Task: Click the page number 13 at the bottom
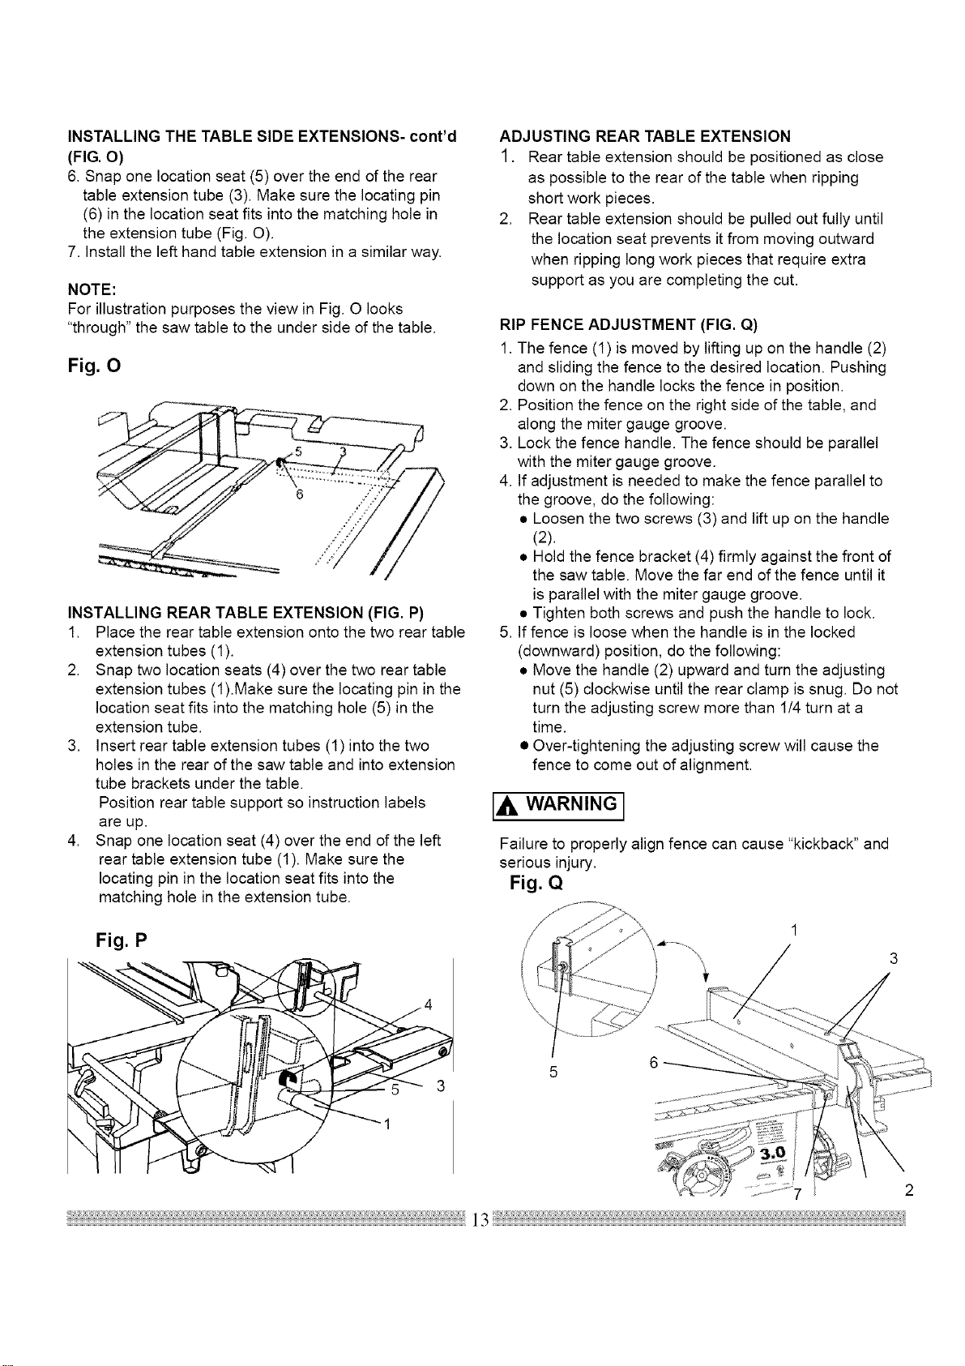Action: (x=481, y=1219)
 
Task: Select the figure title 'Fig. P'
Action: (x=122, y=940)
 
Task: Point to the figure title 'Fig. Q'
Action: (x=536, y=883)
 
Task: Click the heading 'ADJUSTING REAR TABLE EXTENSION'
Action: (x=645, y=135)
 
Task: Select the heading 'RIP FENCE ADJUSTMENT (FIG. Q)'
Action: (x=628, y=323)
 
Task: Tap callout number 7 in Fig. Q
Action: (x=796, y=1193)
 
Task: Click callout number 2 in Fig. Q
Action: (x=909, y=1190)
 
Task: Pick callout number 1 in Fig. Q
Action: (x=794, y=930)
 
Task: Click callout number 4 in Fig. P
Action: (x=428, y=1004)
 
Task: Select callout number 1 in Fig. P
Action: (x=386, y=1124)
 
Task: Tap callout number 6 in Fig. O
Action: (x=299, y=495)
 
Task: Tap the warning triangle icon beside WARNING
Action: (x=505, y=807)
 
